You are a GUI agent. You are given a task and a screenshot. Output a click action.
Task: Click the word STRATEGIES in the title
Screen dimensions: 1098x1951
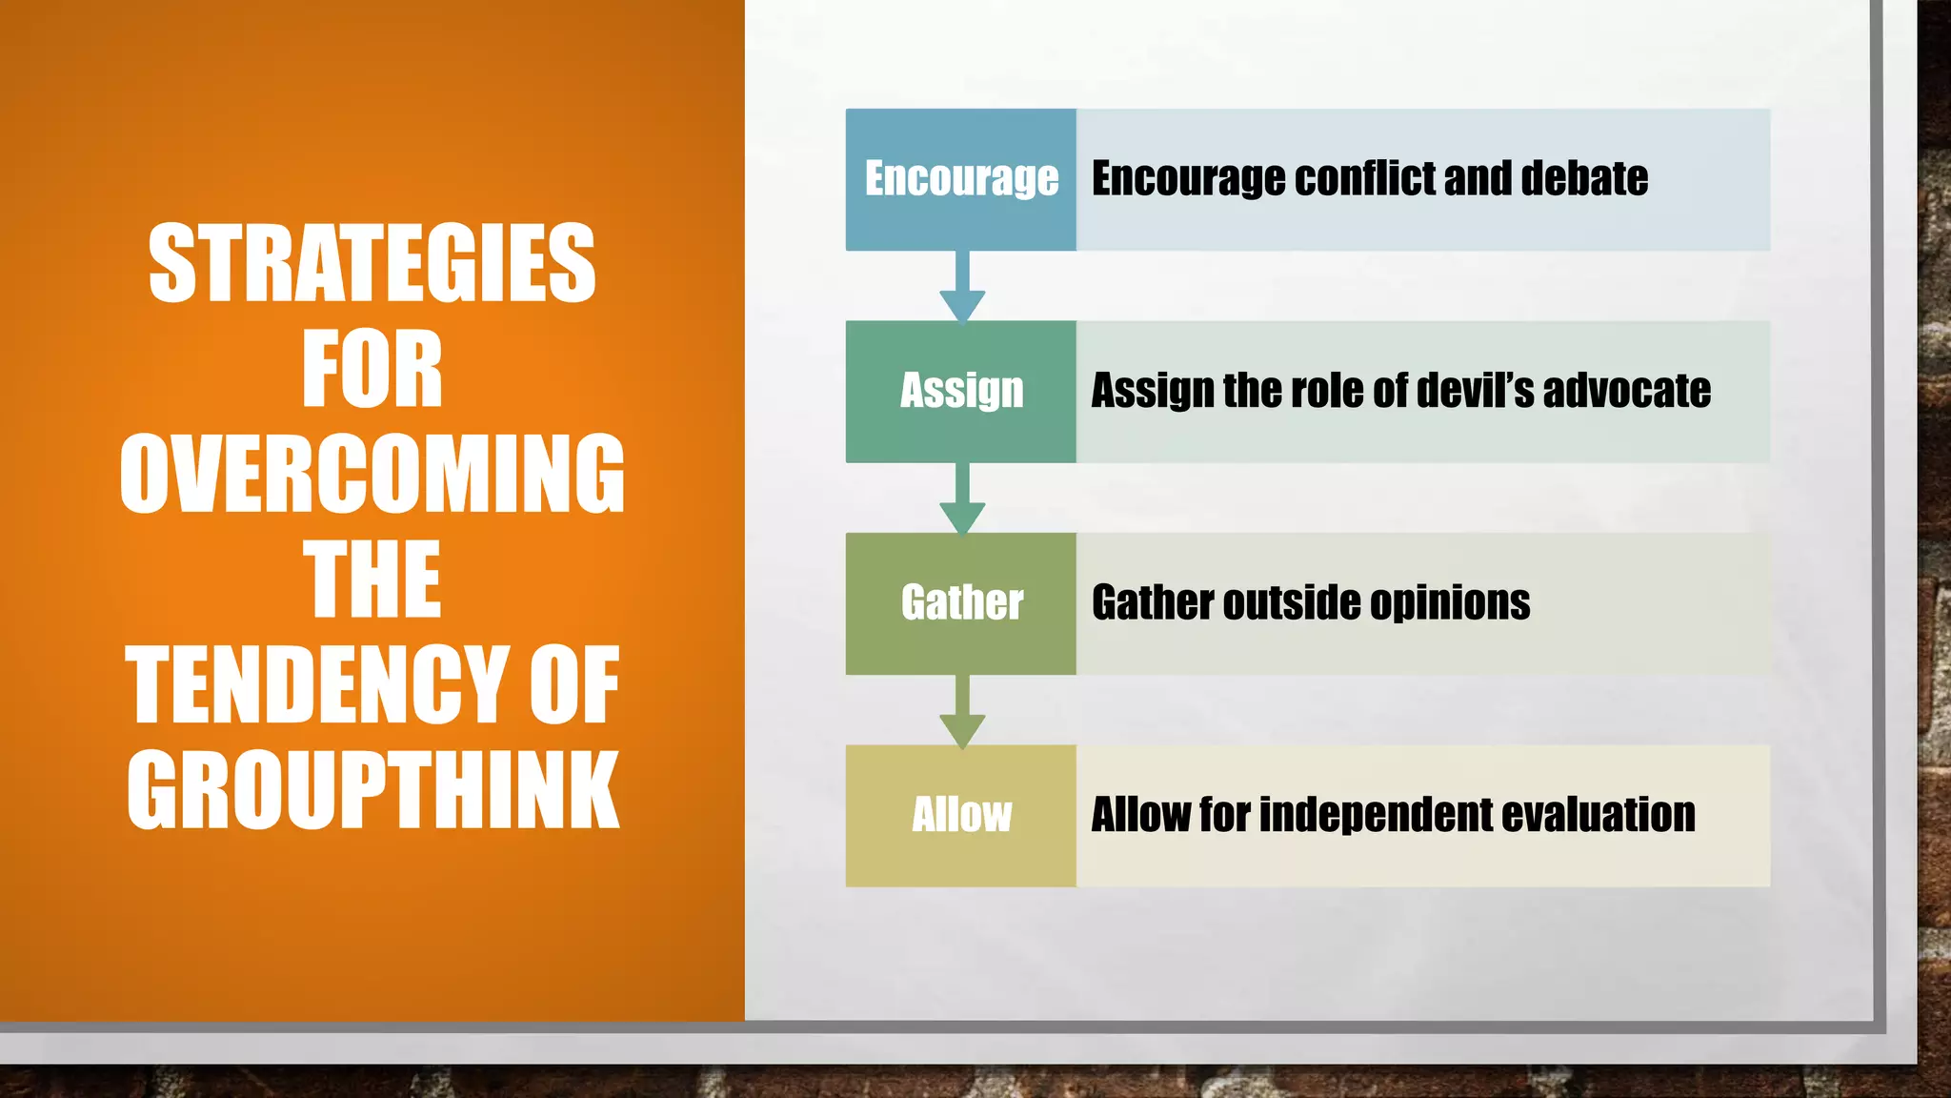click(372, 263)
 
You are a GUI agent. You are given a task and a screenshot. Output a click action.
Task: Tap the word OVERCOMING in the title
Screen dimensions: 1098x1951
click(372, 474)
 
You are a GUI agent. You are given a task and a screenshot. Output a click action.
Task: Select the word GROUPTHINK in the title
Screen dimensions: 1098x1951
click(372, 789)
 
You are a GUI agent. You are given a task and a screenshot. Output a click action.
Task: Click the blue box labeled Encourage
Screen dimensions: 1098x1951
click(961, 179)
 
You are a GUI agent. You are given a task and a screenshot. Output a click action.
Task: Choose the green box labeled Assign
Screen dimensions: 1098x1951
click(961, 391)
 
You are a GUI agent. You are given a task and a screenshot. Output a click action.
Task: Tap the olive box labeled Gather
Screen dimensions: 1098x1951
click(961, 603)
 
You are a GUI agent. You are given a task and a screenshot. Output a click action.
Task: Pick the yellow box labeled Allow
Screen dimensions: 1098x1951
click(961, 816)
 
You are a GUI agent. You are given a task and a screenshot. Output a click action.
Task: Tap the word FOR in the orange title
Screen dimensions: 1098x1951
click(372, 369)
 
